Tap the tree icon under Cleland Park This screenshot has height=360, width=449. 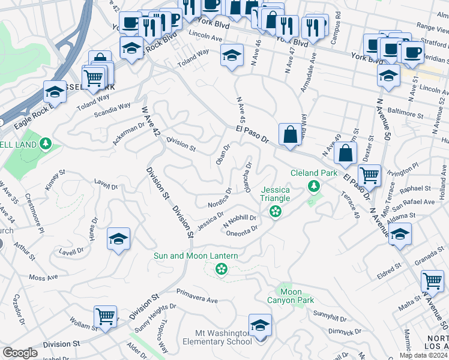(x=313, y=187)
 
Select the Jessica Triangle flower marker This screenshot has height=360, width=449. (x=276, y=211)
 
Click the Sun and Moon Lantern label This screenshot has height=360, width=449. (x=196, y=256)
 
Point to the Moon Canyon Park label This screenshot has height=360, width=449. (x=290, y=296)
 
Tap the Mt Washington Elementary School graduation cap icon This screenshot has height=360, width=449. (x=260, y=326)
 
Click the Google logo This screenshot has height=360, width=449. (x=20, y=353)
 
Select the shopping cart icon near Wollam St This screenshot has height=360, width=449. (x=106, y=316)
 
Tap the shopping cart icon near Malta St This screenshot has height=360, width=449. (x=432, y=280)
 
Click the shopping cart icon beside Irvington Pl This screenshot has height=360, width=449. (x=369, y=175)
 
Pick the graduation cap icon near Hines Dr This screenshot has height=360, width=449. (x=119, y=239)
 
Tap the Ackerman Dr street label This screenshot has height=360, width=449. (x=128, y=136)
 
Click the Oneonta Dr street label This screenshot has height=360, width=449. (x=241, y=229)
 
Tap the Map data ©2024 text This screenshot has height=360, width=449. (x=423, y=355)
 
